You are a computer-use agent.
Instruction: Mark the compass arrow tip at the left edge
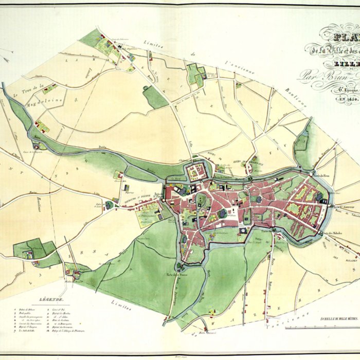pos(3,50)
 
